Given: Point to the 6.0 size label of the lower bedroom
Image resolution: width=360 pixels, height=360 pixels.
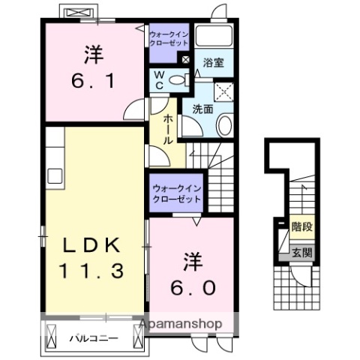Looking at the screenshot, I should pos(190,287).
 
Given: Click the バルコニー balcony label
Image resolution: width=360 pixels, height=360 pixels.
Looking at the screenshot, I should pos(94,338).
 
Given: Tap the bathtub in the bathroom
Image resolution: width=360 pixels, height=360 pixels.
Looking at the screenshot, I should pos(214,37).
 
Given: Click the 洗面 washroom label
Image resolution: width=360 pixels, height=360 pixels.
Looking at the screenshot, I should pos(202,109).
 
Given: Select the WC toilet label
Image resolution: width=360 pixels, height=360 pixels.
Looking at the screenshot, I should pos(160,79).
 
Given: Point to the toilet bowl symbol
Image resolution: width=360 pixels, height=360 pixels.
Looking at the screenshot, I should pos(178,81).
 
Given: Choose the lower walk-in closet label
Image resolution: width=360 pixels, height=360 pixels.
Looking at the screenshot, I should pos(176,194).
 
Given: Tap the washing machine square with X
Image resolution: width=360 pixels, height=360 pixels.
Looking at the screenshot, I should pos(223,91).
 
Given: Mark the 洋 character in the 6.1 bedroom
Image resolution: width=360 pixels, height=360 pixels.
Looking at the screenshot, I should pos(92,55).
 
